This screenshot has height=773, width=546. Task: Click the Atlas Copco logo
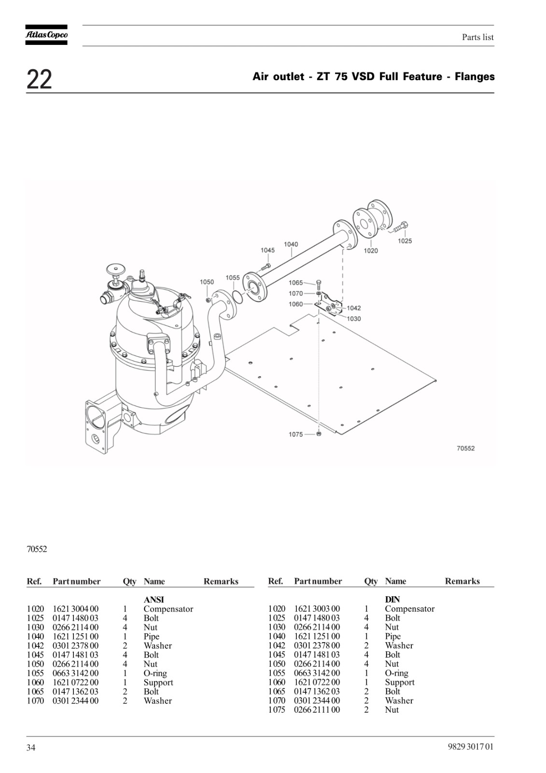coord(46,35)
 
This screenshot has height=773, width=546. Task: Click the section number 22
coord(39,79)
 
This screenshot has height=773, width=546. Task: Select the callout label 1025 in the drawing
coord(405,241)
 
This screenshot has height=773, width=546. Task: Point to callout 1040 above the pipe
coord(291,244)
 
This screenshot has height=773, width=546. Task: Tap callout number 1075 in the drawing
coord(295,434)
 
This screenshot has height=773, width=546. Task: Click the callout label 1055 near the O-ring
coord(233,278)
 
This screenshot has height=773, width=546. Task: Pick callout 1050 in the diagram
coord(207,282)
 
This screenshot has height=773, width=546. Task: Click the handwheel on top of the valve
coord(116,269)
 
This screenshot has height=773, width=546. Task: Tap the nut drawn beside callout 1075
coord(319,434)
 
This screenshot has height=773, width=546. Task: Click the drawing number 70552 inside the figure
coord(466,448)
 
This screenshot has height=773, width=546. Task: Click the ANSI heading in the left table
coord(154,600)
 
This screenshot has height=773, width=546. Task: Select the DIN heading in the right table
coord(392,600)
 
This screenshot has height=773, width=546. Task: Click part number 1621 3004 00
coord(75,609)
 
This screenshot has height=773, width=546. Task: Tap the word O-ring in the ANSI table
coord(155,673)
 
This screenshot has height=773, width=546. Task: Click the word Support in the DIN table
coord(400,683)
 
